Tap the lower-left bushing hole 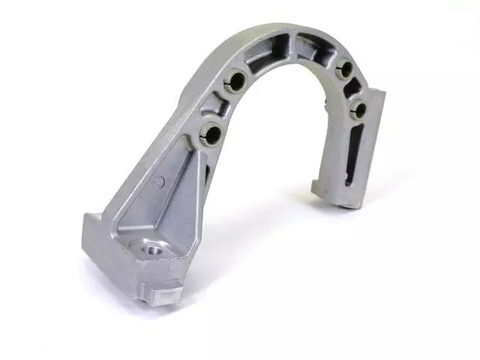211,134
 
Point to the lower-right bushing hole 359,110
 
